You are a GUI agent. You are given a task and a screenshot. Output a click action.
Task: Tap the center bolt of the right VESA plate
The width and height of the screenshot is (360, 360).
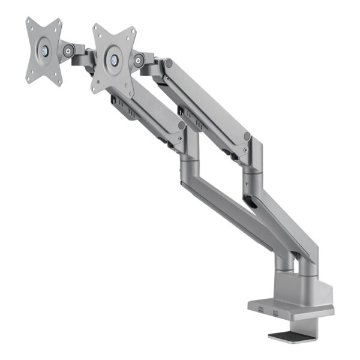click(x=114, y=58)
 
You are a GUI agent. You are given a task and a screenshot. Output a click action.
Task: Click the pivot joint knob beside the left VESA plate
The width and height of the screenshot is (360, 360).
click(x=70, y=52)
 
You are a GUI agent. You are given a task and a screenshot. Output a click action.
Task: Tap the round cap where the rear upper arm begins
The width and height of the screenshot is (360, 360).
click(x=169, y=62)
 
